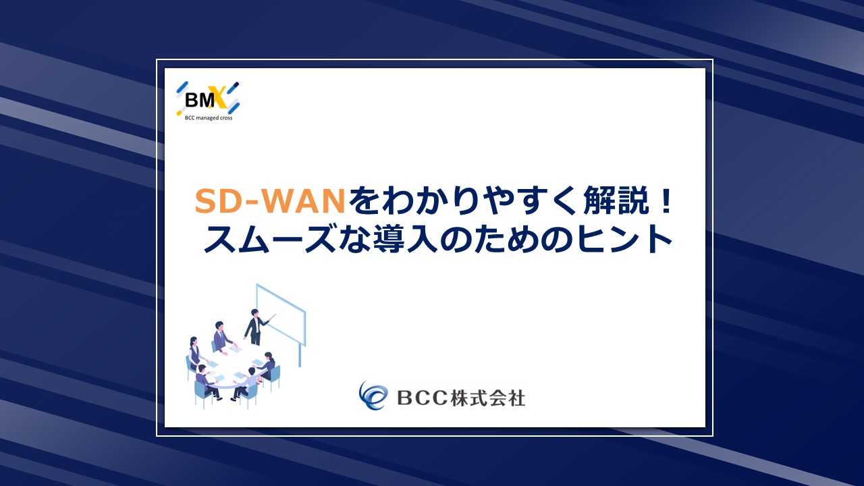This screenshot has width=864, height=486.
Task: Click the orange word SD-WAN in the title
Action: [x=270, y=201]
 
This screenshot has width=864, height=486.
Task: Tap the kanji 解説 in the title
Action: [x=616, y=200]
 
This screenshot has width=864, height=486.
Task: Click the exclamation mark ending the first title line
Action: [x=666, y=201]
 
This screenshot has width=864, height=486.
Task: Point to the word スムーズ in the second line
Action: [x=269, y=239]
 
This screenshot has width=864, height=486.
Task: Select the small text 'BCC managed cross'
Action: [x=209, y=118]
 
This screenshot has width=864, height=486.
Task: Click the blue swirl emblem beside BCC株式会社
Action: [x=373, y=396]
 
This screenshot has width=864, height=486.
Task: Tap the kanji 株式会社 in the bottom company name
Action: [x=487, y=398]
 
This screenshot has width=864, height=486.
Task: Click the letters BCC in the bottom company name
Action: [x=422, y=398]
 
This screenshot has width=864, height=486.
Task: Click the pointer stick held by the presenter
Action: [x=271, y=318]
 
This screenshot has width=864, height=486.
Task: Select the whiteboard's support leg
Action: [x=300, y=356]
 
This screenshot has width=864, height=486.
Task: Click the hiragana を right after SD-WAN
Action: [x=364, y=201]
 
